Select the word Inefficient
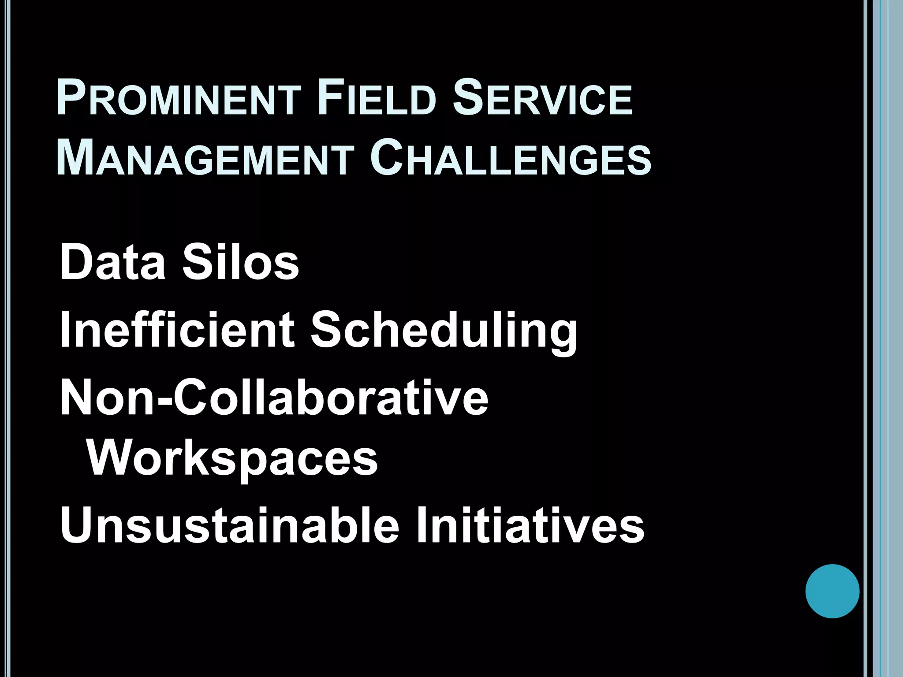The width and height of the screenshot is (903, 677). [177, 329]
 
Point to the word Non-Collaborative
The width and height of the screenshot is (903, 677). [274, 398]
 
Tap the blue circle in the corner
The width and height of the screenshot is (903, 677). [832, 591]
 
